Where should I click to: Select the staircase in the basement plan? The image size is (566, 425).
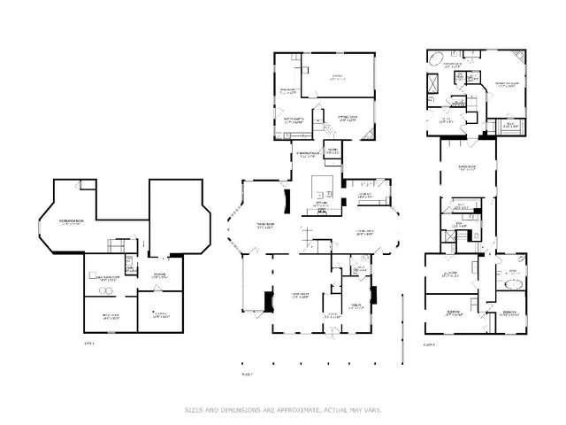point(115,244)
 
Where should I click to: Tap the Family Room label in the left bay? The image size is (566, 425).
point(265,226)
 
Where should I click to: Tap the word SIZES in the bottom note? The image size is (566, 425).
point(193,409)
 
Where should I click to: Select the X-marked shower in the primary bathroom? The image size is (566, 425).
point(432,86)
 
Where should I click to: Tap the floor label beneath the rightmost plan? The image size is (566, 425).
point(431,344)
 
